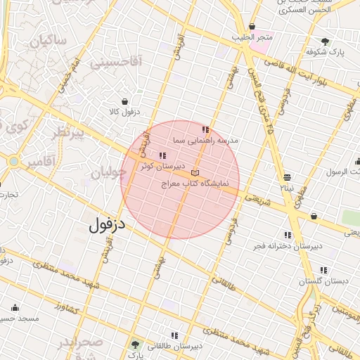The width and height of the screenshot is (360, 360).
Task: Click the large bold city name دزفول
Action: point(107,224)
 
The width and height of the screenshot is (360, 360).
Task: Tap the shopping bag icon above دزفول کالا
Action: point(125,101)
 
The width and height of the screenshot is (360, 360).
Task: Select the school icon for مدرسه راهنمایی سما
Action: point(205,130)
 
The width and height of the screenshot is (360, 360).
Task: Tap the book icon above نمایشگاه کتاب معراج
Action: point(195,173)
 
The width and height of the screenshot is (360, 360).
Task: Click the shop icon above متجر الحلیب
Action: point(252,27)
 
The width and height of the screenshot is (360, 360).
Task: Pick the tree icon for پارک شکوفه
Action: point(325,41)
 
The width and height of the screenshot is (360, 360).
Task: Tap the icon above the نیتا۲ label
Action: point(287,177)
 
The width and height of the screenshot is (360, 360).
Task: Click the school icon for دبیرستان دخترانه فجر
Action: point(288,235)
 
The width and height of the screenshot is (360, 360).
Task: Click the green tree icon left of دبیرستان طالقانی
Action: point(136,345)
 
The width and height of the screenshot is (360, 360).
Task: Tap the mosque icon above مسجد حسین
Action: point(15,307)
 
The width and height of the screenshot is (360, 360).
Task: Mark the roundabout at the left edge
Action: point(14,162)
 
